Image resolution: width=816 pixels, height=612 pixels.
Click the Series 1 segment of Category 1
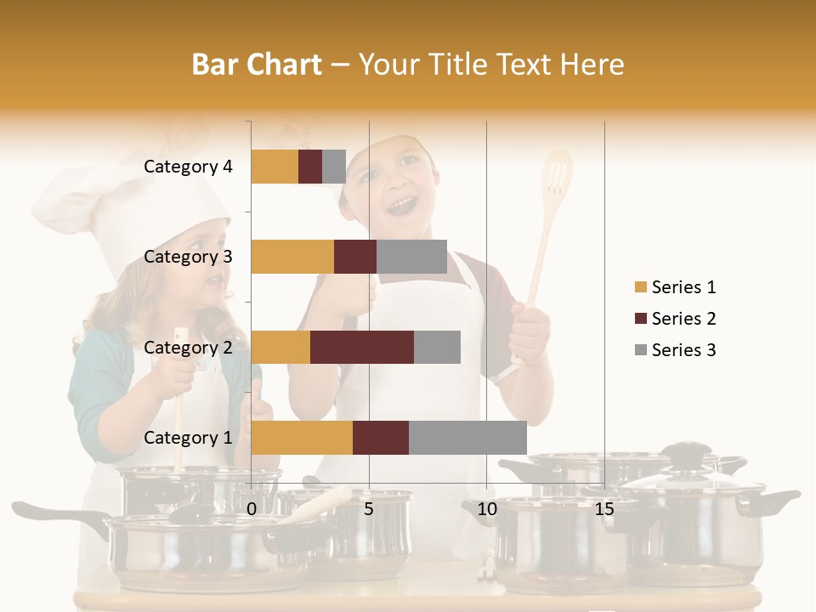pos(302,438)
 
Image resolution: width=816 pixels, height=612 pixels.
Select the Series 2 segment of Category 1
pos(381,438)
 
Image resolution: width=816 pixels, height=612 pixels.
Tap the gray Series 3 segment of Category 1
pos(467,438)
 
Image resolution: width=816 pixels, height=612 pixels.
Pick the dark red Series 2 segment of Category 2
pos(362,347)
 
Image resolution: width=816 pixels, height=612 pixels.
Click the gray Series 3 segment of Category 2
pos(437,347)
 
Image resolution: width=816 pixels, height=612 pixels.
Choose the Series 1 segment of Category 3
pos(292,257)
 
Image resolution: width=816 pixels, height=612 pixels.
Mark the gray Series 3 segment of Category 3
pos(411,257)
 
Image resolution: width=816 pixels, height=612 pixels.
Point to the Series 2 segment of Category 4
pos(310,167)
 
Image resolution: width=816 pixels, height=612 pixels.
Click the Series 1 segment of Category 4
pos(275,167)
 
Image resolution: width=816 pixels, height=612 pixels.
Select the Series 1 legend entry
pos(675,287)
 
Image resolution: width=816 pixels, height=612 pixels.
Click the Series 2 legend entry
pos(675,319)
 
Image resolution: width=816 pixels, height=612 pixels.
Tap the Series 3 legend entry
pos(675,350)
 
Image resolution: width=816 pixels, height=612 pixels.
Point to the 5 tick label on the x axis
pos(369,510)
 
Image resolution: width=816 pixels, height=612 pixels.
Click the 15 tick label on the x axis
pos(604,510)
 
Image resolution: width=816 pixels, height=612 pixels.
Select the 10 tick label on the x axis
pos(486,510)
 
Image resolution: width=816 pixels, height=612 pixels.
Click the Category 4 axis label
pos(188,167)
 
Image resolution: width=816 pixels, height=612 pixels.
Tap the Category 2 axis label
pos(188,347)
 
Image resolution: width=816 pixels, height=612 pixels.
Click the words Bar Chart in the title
pos(257,65)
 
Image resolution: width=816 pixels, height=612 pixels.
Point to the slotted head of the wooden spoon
pos(557,178)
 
